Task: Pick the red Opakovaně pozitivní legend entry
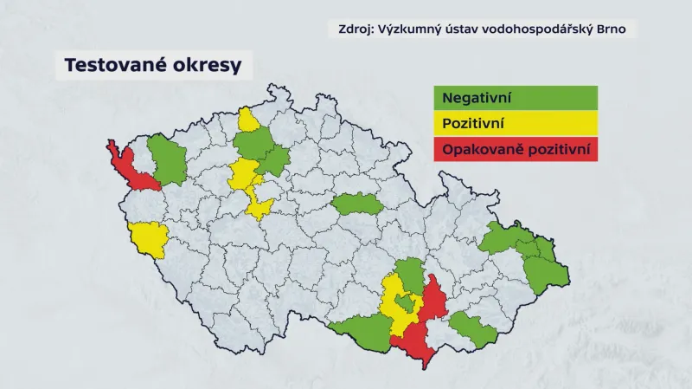(516, 149)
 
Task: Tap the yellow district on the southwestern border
(148, 238)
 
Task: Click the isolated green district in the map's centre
(356, 204)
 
